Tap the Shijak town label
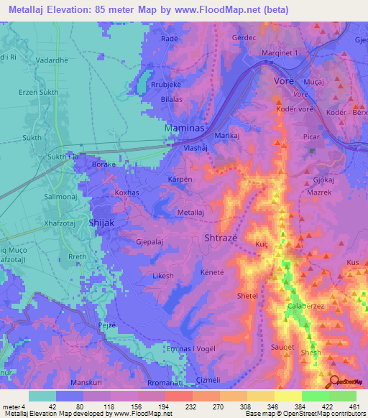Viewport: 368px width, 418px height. tap(101, 223)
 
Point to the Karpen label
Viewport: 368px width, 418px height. tap(180, 178)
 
